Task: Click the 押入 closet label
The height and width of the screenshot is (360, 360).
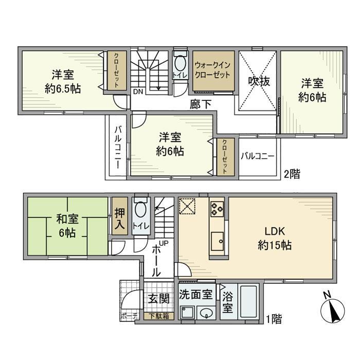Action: click(x=119, y=216)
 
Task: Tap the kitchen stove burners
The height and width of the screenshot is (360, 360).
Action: click(x=216, y=209)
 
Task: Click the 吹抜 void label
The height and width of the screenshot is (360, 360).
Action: click(x=256, y=81)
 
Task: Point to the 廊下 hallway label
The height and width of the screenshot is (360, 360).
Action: click(x=200, y=104)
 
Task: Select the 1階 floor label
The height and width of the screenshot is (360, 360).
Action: click(x=274, y=319)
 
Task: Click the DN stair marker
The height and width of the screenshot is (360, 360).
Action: click(x=138, y=92)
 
